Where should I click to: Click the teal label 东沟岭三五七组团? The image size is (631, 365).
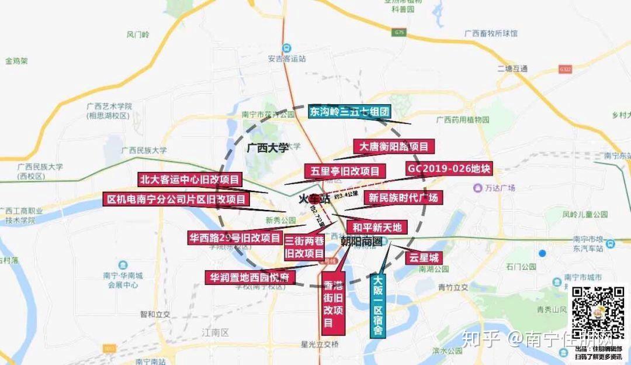click(349, 112)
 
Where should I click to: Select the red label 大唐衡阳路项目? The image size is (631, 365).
click(394, 146)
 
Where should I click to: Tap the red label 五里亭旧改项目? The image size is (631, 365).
click(344, 171)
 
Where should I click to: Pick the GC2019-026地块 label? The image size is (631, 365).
click(449, 169)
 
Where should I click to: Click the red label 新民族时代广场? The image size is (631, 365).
click(403, 198)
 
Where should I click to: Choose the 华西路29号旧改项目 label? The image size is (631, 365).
click(234, 238)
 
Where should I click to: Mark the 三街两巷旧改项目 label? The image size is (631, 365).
click(304, 247)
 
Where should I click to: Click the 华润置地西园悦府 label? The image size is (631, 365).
click(249, 277)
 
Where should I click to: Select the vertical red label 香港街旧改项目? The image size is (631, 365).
click(333, 302)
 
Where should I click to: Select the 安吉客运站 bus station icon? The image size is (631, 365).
click(285, 48)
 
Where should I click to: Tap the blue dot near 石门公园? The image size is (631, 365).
click(542, 253)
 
